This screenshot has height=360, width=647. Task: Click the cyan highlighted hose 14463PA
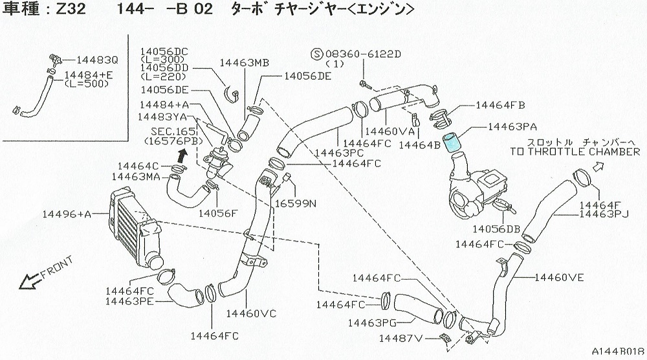click(455, 139)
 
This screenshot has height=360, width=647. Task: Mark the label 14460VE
click(559, 278)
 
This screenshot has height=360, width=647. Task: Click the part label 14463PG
click(372, 322)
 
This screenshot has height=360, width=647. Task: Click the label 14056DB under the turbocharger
click(496, 229)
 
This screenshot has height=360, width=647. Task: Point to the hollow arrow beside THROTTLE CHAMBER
click(597, 166)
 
